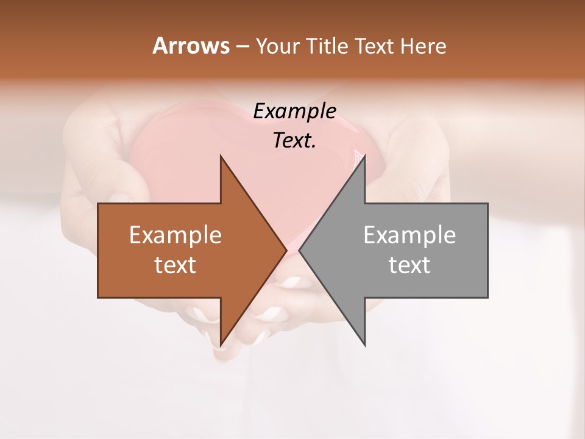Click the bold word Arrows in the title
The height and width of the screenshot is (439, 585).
point(191,46)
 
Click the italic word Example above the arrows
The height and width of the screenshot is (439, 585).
point(294,112)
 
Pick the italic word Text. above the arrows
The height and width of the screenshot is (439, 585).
point(294,140)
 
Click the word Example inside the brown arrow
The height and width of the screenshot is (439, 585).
point(175,235)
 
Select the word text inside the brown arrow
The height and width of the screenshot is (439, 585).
point(175,265)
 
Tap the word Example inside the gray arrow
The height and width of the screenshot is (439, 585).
point(409,235)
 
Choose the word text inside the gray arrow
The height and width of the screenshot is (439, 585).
point(409,265)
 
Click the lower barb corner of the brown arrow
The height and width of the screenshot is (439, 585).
point(221,344)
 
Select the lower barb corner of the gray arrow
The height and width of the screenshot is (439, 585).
point(364,344)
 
